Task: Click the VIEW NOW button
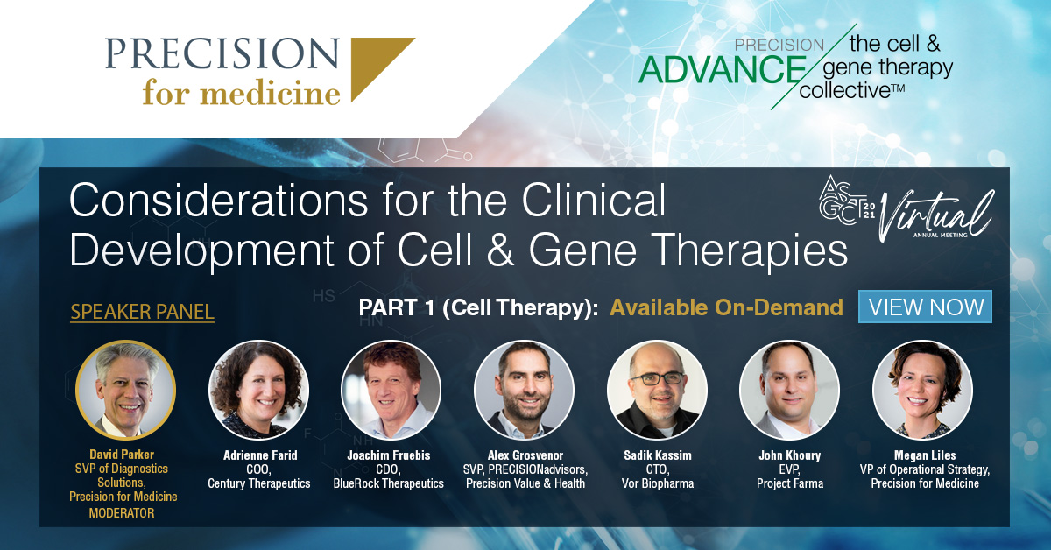pos(925,307)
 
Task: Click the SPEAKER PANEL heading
pos(142,312)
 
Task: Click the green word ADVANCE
pos(722,69)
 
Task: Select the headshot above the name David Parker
pos(126,390)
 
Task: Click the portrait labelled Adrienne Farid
pos(258,390)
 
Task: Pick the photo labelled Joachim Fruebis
pos(391,390)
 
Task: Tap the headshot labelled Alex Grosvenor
pos(524,390)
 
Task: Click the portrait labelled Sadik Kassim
pos(657,390)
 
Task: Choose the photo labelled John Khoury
pos(790,390)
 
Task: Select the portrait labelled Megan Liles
pos(922,390)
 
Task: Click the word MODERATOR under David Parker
pos(122,513)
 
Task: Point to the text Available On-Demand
pos(726,308)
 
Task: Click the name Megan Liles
pos(925,455)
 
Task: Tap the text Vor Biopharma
pos(658,483)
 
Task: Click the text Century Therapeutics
pos(259,483)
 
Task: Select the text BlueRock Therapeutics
pos(389,483)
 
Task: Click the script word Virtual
pos(936,214)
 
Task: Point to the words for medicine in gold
pos(241,92)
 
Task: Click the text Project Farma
pos(790,483)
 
